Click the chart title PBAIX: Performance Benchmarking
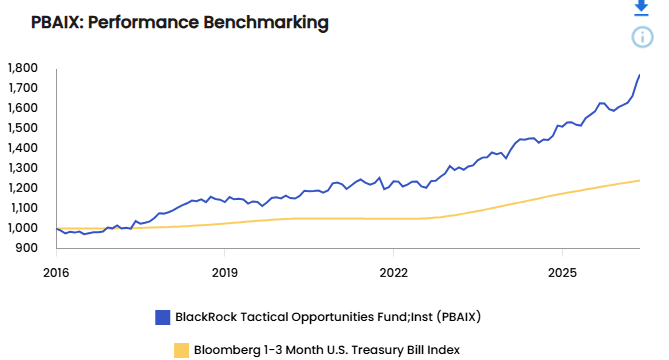(x=180, y=22)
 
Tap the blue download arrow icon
(x=641, y=7)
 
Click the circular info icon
(x=642, y=37)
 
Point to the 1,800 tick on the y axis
(x=23, y=68)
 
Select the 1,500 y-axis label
(x=23, y=128)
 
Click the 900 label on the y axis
(x=26, y=248)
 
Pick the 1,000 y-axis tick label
(x=23, y=228)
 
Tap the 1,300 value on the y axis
(x=23, y=168)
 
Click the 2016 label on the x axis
(x=56, y=273)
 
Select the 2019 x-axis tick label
(x=225, y=273)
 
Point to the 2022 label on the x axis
(x=393, y=273)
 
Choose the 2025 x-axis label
(x=562, y=273)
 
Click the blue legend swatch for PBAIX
(x=163, y=317)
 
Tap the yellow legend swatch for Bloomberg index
(x=181, y=350)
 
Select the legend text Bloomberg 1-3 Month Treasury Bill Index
(x=327, y=350)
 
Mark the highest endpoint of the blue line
(x=640, y=75)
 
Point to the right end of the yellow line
(x=640, y=180)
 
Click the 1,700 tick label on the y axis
(x=23, y=88)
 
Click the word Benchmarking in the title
(x=266, y=23)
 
